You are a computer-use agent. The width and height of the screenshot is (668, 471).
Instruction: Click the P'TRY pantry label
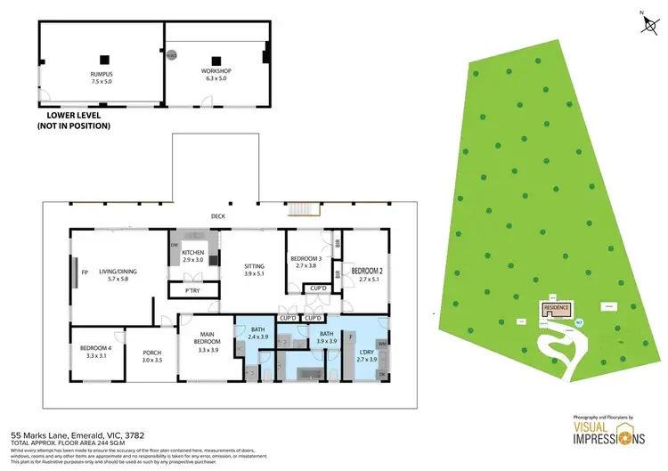click(x=192, y=290)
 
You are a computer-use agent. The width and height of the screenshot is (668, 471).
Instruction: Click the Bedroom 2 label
click(x=366, y=274)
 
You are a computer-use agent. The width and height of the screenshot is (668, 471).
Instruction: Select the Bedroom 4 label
click(x=95, y=352)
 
